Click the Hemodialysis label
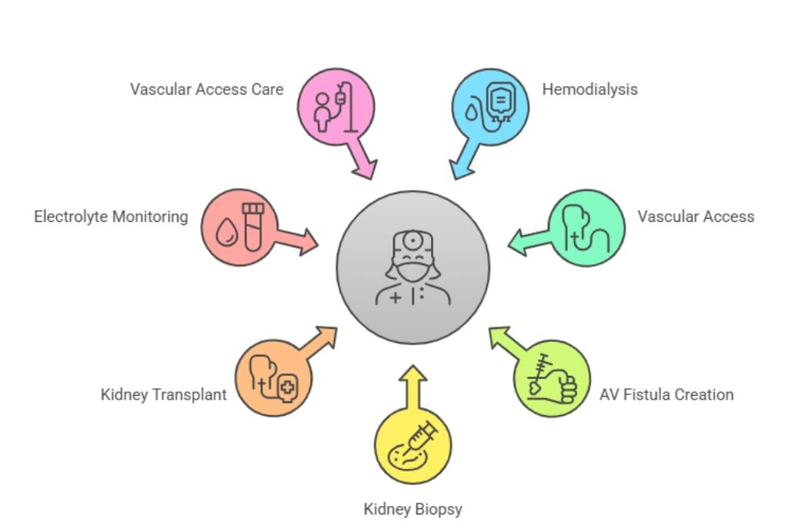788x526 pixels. coord(589,89)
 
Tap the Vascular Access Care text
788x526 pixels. coord(206,89)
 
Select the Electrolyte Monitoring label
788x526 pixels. coord(111,216)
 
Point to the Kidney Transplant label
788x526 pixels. coord(163,395)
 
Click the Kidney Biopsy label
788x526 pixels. coord(412,509)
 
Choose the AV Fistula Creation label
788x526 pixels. coord(666,395)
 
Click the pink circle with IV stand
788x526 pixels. coord(336,106)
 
